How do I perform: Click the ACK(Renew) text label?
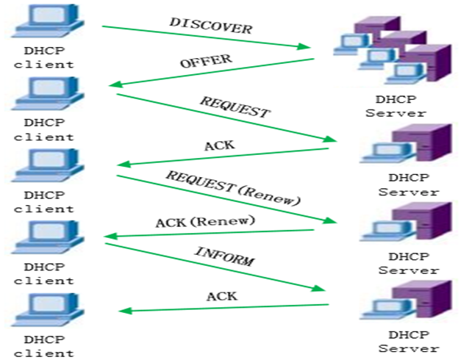[205, 221]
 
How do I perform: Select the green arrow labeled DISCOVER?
[206, 38]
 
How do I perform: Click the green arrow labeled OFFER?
[213, 71]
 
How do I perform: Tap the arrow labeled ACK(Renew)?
[213, 231]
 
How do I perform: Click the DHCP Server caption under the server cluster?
[396, 107]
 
